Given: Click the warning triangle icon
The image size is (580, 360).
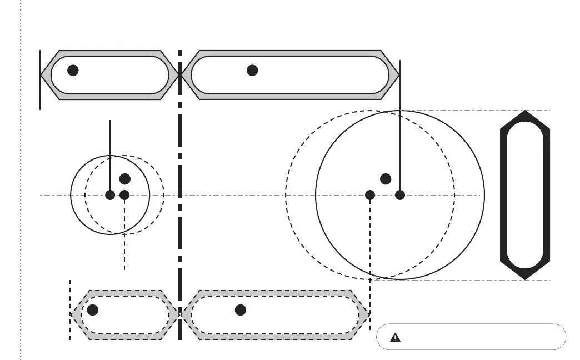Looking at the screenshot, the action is click(395, 337).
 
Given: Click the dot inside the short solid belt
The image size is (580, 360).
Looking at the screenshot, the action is click(73, 70).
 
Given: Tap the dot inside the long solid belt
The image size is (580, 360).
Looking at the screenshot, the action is click(252, 70).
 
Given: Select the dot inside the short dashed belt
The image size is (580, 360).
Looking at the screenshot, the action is click(93, 310).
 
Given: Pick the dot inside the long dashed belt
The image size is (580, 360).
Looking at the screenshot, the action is click(241, 310).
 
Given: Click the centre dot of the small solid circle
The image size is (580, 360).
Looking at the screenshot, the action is click(110, 195).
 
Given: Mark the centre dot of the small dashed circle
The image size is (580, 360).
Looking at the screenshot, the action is click(124, 195).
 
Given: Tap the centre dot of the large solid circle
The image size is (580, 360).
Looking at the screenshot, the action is click(400, 194).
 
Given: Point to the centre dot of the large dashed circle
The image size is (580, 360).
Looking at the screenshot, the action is click(370, 194).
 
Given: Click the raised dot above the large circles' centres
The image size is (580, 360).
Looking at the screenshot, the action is click(386, 179).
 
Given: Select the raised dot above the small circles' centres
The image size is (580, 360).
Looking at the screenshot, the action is click(125, 179).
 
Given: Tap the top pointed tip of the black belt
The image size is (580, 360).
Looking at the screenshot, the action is click(525, 112).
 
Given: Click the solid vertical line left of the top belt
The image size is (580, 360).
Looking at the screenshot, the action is click(40, 79).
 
